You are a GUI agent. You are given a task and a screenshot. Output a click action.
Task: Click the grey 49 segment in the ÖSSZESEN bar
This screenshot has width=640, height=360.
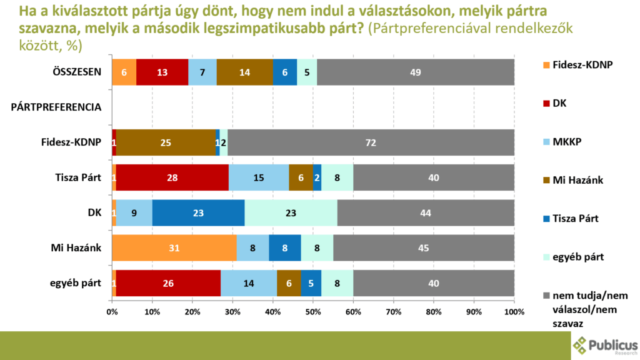[x=416, y=72]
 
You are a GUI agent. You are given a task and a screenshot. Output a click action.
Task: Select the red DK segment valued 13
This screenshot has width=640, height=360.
[x=162, y=72]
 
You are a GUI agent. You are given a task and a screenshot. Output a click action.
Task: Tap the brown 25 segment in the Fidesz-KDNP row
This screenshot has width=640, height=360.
[x=166, y=142]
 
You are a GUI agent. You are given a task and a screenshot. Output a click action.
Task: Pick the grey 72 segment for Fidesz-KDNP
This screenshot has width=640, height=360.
[x=371, y=142]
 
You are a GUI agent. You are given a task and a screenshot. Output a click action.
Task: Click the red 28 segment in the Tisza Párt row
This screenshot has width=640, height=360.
[x=172, y=177]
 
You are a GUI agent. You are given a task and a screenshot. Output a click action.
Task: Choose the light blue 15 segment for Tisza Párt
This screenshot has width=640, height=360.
[x=259, y=177]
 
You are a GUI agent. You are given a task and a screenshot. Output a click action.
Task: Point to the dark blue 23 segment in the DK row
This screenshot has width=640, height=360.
[x=198, y=212]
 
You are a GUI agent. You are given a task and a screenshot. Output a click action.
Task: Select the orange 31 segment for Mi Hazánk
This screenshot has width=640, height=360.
[x=174, y=247]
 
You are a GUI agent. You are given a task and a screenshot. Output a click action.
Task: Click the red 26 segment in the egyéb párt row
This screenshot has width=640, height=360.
[x=168, y=283]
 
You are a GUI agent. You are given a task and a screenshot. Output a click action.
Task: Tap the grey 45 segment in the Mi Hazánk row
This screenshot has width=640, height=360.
[x=424, y=247]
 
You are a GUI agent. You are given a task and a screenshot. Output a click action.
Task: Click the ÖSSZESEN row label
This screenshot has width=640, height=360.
[x=77, y=72]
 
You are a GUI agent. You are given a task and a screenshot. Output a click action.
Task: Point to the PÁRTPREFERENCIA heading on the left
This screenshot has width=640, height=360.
[x=56, y=107]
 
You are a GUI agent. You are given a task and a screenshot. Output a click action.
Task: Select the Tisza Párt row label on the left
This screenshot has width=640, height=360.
[x=78, y=177]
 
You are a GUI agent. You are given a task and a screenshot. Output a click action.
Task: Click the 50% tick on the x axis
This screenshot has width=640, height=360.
[x=313, y=312]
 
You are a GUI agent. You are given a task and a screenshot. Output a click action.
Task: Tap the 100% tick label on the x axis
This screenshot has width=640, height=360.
[x=514, y=312]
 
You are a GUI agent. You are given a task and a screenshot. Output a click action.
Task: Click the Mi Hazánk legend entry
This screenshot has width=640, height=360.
[x=573, y=180]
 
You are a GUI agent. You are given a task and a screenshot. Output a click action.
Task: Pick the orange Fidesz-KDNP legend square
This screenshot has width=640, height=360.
[x=546, y=65]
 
